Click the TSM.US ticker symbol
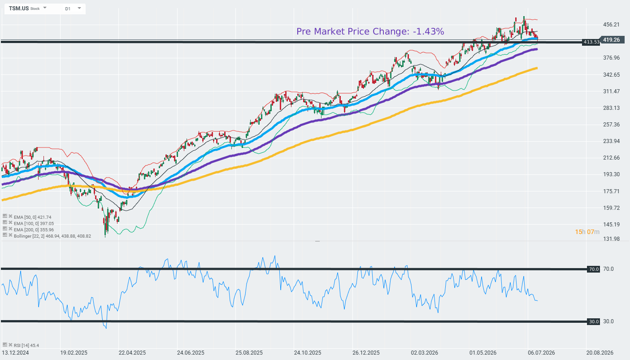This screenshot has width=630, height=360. (x=18, y=9)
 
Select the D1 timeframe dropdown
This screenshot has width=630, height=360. (x=73, y=9)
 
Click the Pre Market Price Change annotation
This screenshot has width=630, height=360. (x=370, y=31)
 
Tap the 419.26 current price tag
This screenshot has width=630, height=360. (x=611, y=39)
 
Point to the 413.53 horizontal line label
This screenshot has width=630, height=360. (x=591, y=42)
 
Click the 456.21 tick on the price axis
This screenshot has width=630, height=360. (x=611, y=25)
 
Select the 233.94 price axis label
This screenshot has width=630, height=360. (x=611, y=141)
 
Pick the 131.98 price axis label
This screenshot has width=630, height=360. (x=611, y=239)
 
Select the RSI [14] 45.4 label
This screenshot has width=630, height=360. (x=26, y=345)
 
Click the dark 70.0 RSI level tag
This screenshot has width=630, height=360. (x=593, y=269)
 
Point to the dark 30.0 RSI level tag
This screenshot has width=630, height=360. (x=593, y=321)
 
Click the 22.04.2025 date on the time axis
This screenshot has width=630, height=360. (x=132, y=353)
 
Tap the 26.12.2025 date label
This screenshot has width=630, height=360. (x=366, y=353)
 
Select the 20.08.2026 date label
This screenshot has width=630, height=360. (x=600, y=353)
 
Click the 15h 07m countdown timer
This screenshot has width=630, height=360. (x=587, y=232)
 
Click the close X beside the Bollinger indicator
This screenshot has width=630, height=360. (x=10, y=235)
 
